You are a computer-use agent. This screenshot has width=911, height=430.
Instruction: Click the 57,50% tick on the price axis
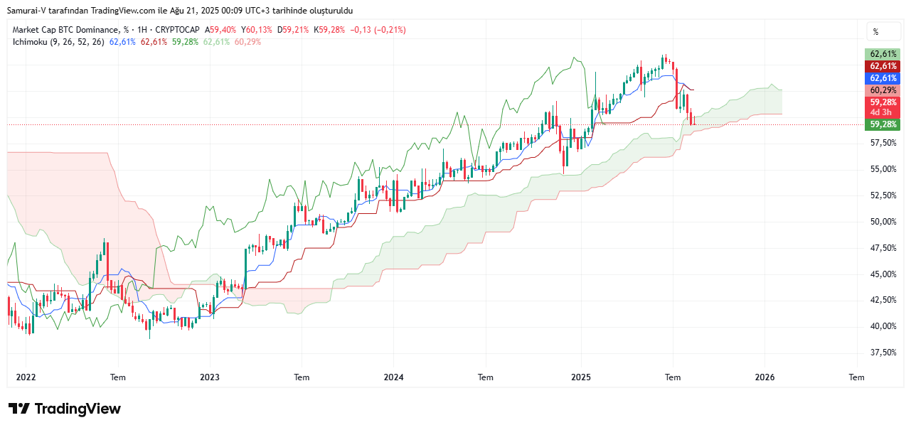883,143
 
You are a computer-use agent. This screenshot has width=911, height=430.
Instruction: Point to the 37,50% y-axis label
883,353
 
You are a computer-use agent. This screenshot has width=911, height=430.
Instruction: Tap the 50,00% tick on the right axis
883,222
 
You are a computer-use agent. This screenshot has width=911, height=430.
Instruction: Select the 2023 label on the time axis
210,377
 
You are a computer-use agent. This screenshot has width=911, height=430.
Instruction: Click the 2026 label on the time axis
765,377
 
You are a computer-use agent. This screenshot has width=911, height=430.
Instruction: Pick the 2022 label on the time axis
26,377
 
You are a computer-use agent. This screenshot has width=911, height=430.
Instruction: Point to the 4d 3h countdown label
882,112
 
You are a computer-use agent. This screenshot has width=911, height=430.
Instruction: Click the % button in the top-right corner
875,32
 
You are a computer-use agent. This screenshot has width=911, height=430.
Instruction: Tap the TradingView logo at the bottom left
64,409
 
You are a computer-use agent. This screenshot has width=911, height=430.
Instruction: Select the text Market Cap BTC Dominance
65,30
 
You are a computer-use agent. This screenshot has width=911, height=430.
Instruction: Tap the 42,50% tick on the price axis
883,300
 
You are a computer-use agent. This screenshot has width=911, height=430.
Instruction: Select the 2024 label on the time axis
393,377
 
